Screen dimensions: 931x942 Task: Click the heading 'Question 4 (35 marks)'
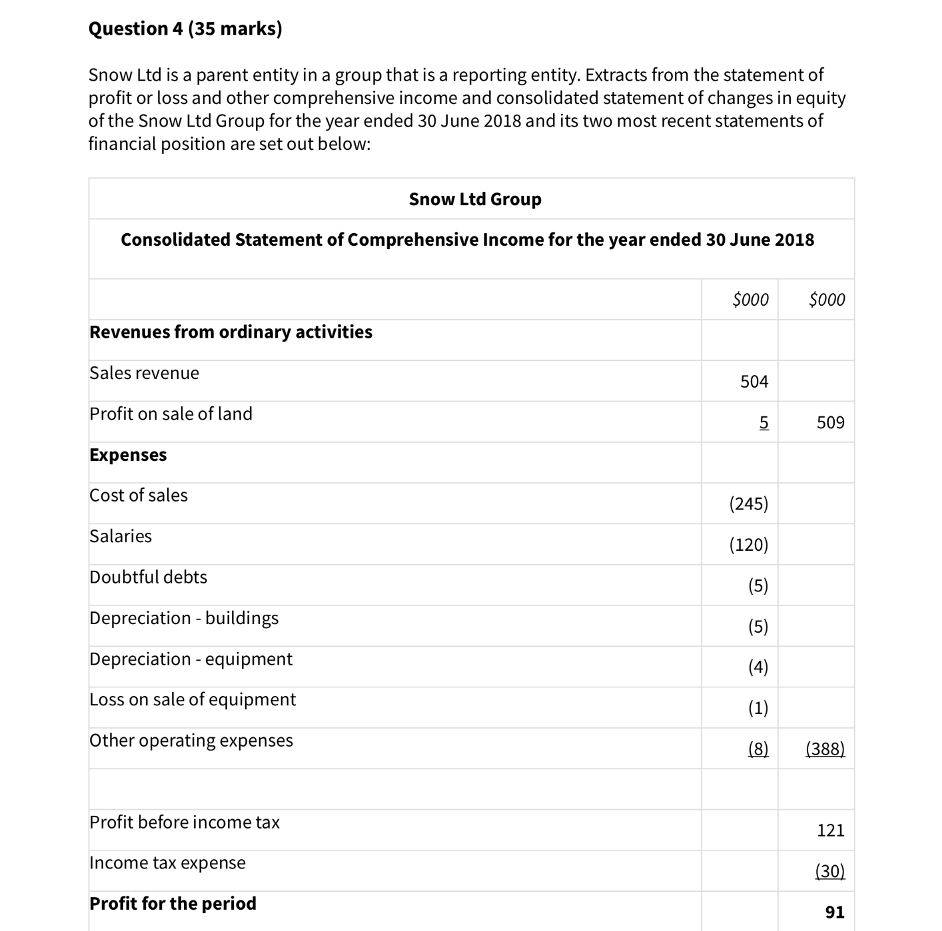[x=185, y=29]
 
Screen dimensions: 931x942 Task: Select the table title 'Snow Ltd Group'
[x=474, y=199]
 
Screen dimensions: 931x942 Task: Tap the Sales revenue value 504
[x=753, y=382]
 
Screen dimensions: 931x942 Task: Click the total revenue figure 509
[x=830, y=423]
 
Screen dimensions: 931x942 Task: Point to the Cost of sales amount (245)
[x=748, y=503]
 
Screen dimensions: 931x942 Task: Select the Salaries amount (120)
[x=748, y=545]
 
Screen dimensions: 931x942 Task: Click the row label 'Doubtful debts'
[x=148, y=577]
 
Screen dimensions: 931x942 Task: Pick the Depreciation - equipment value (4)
[x=757, y=667]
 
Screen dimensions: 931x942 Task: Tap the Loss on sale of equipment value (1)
[x=757, y=707]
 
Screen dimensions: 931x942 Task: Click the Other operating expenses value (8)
[x=757, y=749]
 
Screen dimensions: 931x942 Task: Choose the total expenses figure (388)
[x=825, y=749]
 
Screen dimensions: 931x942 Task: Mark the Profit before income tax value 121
[x=830, y=830]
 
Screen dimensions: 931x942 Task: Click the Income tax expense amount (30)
[x=829, y=871]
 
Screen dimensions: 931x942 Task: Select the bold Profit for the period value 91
[x=834, y=912]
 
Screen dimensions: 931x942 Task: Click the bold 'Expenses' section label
[x=128, y=455]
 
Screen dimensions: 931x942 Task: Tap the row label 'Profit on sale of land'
[x=171, y=414]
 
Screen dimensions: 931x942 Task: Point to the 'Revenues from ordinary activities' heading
[x=231, y=332]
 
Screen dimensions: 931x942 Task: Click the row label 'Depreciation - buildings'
[x=184, y=618]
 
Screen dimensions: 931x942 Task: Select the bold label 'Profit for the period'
[x=173, y=903]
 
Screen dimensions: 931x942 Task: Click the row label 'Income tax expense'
[x=167, y=862]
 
